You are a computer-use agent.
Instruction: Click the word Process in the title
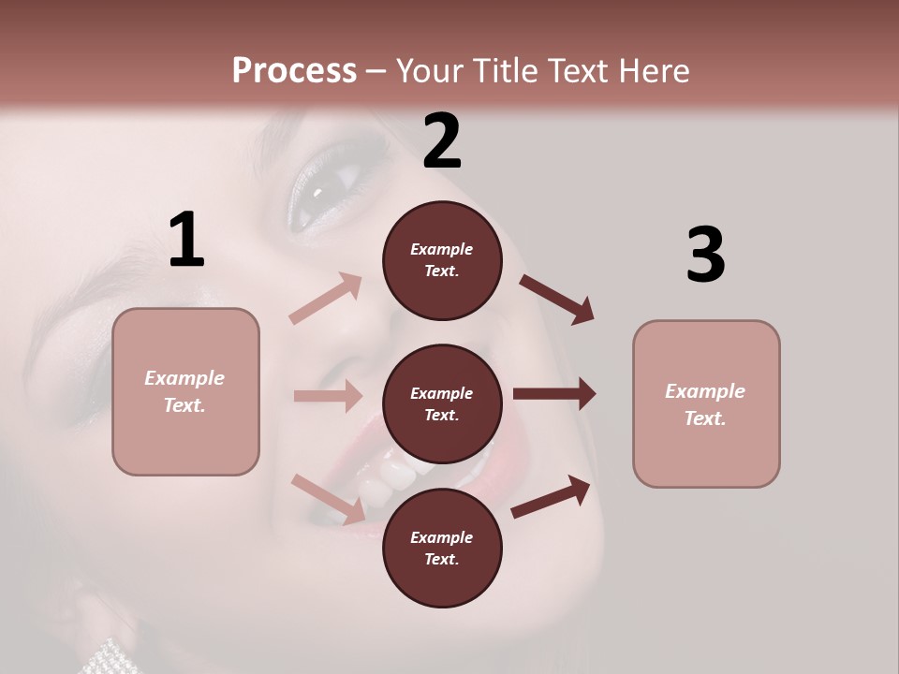click(294, 70)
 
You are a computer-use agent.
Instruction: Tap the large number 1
click(186, 240)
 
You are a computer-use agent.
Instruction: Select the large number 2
click(442, 140)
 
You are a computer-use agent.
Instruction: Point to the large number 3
click(705, 255)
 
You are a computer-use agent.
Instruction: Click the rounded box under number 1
click(185, 391)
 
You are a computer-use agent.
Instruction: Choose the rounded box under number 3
click(706, 404)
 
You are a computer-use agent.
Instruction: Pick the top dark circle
click(442, 260)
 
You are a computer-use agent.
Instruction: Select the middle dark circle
click(442, 404)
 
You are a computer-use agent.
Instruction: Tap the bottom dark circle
click(442, 549)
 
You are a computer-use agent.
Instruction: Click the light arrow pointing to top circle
click(326, 299)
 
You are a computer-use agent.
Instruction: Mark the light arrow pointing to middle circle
click(328, 396)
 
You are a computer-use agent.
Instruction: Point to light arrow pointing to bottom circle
click(329, 498)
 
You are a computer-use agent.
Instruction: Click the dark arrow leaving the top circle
click(556, 299)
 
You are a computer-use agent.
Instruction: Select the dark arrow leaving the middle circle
click(553, 393)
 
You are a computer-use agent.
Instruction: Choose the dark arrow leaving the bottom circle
click(551, 496)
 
